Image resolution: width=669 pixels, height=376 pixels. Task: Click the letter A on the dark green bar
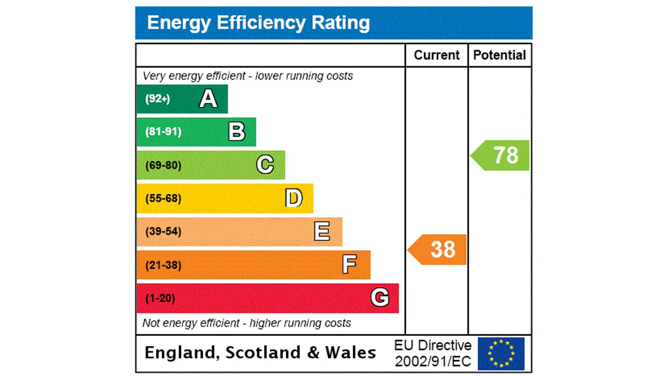(x=208, y=99)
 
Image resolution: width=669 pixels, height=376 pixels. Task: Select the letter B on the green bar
(x=236, y=132)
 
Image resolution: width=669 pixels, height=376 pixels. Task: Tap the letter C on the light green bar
(x=265, y=165)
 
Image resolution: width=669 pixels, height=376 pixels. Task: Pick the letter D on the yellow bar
(x=294, y=198)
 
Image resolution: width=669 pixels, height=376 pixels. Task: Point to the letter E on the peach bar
(x=322, y=231)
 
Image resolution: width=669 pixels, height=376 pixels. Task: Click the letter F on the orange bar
(x=350, y=265)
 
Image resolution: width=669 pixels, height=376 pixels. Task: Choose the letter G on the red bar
(x=380, y=298)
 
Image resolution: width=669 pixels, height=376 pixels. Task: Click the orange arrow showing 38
(x=438, y=250)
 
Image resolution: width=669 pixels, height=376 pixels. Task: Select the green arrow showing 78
(x=501, y=155)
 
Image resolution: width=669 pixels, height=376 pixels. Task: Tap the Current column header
(x=436, y=55)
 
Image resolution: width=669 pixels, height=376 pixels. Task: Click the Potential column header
(x=500, y=55)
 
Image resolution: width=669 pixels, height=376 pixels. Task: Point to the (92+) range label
(x=158, y=99)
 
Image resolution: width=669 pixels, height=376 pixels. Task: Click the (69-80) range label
(x=163, y=166)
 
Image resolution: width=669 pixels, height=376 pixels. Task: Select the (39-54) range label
(x=163, y=231)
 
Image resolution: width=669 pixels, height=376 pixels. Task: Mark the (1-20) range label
(x=160, y=298)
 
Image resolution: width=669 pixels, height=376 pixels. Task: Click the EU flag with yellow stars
(x=501, y=354)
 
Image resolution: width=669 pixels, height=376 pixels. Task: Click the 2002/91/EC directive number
(x=433, y=361)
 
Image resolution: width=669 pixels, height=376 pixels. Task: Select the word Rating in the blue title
(x=341, y=23)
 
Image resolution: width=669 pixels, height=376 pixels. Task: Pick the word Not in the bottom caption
(x=151, y=323)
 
